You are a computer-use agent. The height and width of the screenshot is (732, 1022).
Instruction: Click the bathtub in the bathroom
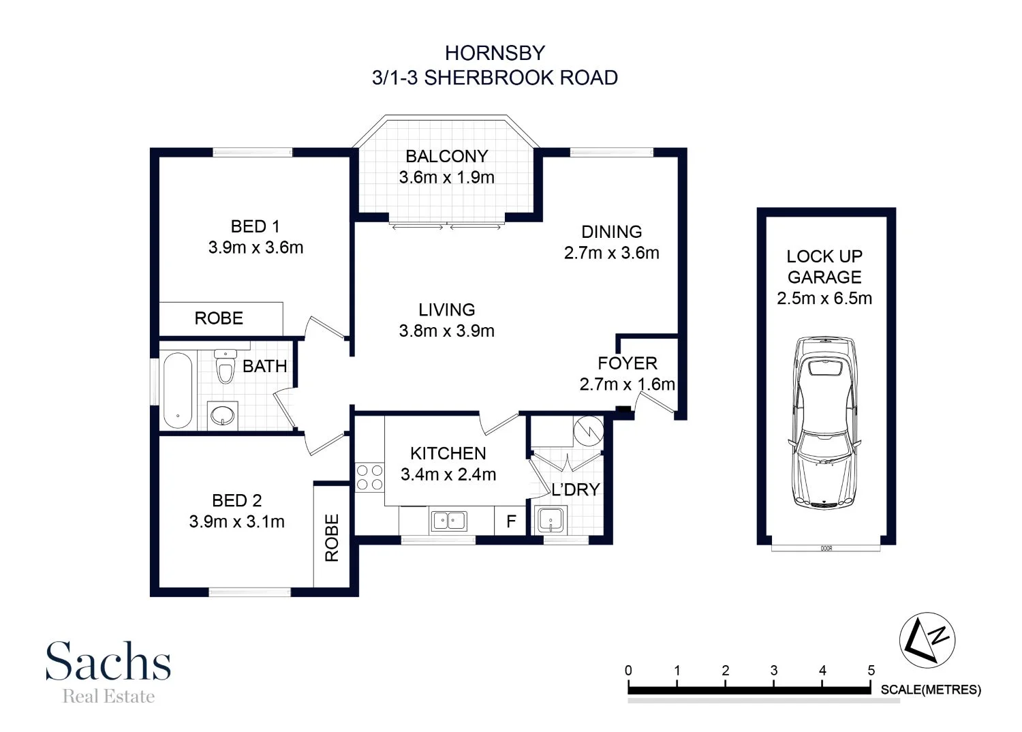pyautogui.click(x=178, y=390)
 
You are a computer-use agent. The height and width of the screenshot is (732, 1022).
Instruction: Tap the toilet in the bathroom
pyautogui.click(x=224, y=367)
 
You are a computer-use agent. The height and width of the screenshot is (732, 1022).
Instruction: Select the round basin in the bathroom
pyautogui.click(x=223, y=414)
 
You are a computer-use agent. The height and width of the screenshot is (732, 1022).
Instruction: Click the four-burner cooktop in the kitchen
pyautogui.click(x=369, y=477)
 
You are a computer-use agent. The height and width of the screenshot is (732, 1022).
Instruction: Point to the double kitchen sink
pyautogui.click(x=448, y=521)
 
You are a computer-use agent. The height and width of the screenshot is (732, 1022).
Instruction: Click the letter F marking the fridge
pyautogui.click(x=511, y=522)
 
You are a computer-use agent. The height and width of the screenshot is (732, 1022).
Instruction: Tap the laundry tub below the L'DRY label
pyautogui.click(x=551, y=521)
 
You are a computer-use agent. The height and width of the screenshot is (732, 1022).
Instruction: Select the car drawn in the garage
pyautogui.click(x=824, y=423)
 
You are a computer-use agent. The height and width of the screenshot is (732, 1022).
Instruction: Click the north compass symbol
pyautogui.click(x=927, y=640)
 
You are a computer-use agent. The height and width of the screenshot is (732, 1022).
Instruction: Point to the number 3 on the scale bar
pyautogui.click(x=774, y=671)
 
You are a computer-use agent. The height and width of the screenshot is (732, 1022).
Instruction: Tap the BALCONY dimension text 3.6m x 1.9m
pyautogui.click(x=447, y=177)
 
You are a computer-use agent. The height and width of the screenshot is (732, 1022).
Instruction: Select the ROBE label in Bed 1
pyautogui.click(x=219, y=318)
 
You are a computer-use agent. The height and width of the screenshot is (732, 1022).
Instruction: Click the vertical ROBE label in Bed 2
pyautogui.click(x=332, y=538)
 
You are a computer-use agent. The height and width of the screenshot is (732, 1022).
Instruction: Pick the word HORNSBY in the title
pyautogui.click(x=495, y=53)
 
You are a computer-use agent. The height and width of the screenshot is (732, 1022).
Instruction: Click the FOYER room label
pyautogui.click(x=627, y=363)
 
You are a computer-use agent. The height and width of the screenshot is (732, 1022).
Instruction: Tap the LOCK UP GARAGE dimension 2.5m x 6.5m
pyautogui.click(x=824, y=299)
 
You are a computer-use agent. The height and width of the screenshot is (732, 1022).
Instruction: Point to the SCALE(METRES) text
pyautogui.click(x=931, y=690)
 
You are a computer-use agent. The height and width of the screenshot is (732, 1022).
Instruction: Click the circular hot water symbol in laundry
pyautogui.click(x=588, y=430)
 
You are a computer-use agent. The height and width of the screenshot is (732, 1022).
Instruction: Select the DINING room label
pyautogui.click(x=611, y=232)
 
